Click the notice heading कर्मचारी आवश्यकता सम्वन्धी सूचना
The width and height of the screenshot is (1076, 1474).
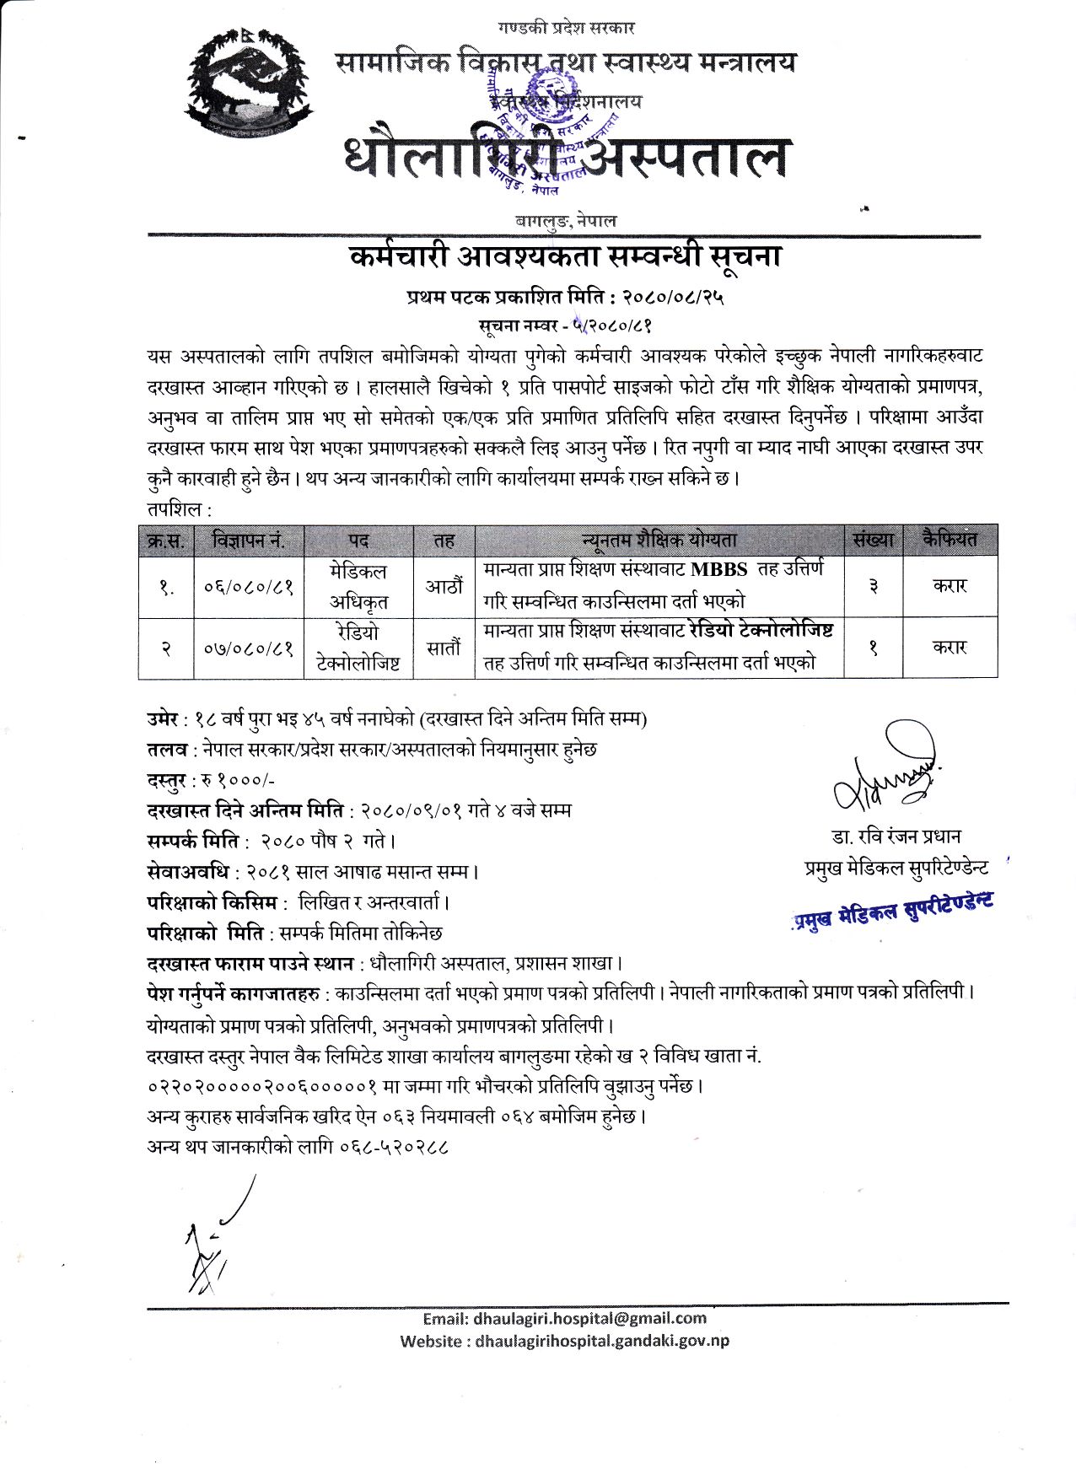[x=565, y=256]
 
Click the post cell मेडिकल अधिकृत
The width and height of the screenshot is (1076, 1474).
[x=358, y=586]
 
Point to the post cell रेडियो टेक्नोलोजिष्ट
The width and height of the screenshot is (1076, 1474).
[x=358, y=648]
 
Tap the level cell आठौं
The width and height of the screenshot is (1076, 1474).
[x=444, y=586]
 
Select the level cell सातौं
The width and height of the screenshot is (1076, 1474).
[x=444, y=648]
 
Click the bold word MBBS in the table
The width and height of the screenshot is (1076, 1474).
[x=718, y=569]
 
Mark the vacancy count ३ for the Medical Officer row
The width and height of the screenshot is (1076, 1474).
[x=873, y=586]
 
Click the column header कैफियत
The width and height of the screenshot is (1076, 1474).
[x=950, y=540]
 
